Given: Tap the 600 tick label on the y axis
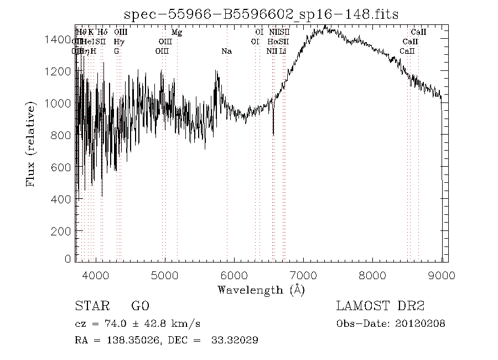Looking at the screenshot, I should tap(62, 167).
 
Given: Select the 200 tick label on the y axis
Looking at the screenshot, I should tap(62, 231).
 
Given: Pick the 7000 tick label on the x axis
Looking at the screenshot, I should tap(303, 275).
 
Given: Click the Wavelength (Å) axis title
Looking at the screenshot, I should tap(261, 289).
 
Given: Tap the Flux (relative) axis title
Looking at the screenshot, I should tap(32, 143).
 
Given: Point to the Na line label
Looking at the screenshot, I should tap(226, 51).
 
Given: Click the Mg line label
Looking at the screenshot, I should tap(177, 32).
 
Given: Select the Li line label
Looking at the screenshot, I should tap(283, 51).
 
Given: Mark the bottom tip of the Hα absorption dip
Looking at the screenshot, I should tap(273, 134).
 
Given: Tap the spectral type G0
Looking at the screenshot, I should tap(140, 306).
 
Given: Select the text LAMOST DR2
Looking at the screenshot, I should tap(380, 306).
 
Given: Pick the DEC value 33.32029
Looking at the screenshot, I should tap(235, 340).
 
